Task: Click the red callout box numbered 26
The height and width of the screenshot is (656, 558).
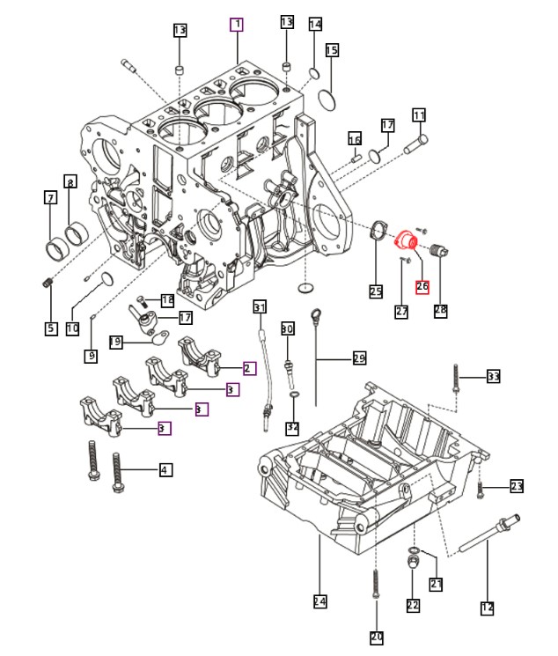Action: click(422, 286)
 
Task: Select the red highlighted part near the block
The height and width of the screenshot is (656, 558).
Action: click(406, 241)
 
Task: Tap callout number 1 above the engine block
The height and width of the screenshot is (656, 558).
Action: click(237, 25)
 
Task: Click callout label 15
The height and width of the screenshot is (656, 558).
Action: click(332, 50)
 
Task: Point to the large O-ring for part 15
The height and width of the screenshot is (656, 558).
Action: click(327, 100)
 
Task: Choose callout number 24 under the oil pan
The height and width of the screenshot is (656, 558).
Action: click(320, 601)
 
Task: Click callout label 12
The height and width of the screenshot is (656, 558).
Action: click(488, 608)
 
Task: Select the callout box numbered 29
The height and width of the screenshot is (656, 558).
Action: click(360, 358)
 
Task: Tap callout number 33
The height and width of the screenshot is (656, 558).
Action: click(494, 376)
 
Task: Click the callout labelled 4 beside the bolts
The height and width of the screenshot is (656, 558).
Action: click(166, 470)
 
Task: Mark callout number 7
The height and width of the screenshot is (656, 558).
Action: click(51, 197)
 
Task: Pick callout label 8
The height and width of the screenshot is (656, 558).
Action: click(70, 181)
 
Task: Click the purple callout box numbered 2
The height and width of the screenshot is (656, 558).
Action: click(250, 368)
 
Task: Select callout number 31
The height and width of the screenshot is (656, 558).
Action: click(260, 307)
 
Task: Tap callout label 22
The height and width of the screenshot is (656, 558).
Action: click(413, 605)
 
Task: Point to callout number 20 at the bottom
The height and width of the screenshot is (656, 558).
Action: click(377, 638)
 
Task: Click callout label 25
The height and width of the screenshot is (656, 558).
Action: click(376, 291)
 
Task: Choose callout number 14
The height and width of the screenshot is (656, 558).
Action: click(315, 25)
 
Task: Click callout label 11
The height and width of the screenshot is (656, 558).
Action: click(419, 114)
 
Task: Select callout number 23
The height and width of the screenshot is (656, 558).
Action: click(517, 486)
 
